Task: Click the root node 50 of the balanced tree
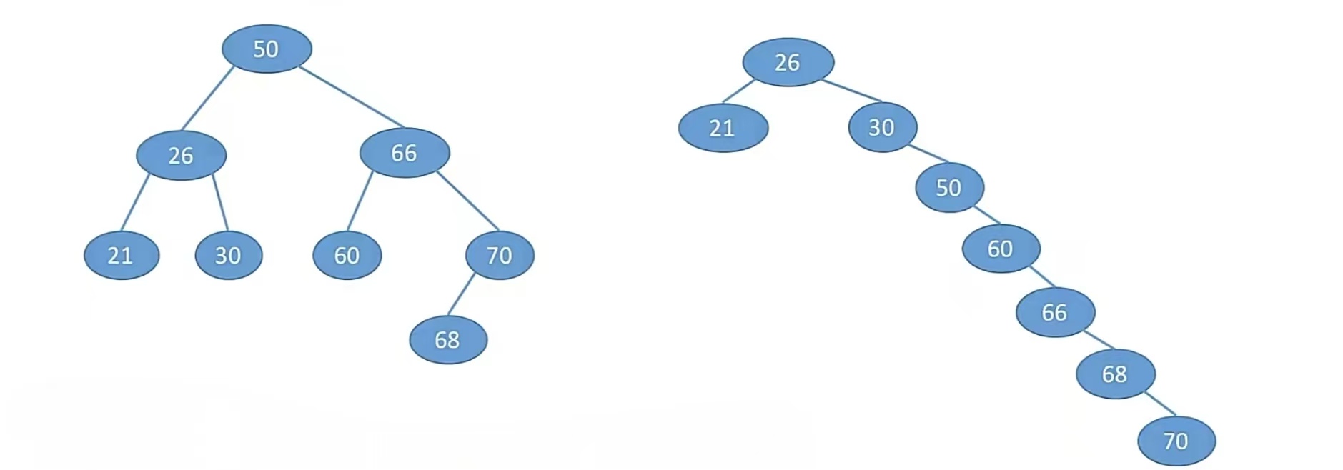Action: [267, 49]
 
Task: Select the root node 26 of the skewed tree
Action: [788, 62]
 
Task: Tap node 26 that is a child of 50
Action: [181, 155]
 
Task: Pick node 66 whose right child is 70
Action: [405, 152]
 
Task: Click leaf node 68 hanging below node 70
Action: [448, 340]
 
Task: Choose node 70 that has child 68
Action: [500, 255]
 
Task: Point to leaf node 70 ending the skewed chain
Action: [1176, 441]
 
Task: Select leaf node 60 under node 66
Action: [347, 255]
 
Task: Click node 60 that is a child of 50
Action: [1001, 249]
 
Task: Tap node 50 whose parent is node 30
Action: [949, 187]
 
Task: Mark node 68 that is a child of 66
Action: [1115, 374]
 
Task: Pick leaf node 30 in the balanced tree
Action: [229, 255]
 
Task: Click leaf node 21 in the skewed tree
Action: [723, 128]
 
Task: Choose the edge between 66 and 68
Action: [1099, 340]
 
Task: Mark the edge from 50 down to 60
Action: [987, 215]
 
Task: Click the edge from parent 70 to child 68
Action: [462, 294]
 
